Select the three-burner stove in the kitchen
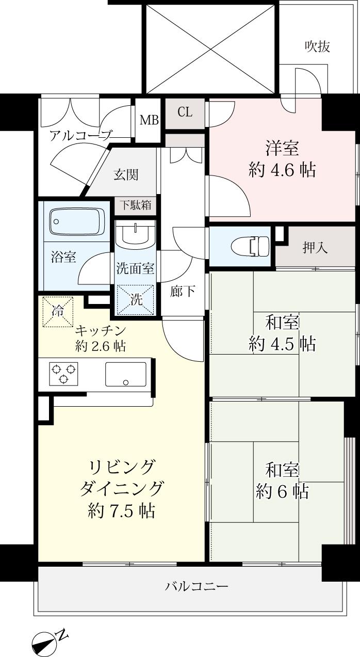(63, 373)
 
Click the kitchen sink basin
(126, 374)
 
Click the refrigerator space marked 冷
(58, 312)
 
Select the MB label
(149, 121)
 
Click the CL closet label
(185, 111)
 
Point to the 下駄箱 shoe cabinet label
(136, 190)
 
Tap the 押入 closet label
(315, 248)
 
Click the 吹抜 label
(317, 47)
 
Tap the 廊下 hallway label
(183, 292)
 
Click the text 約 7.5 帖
(122, 510)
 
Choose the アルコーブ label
(80, 136)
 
